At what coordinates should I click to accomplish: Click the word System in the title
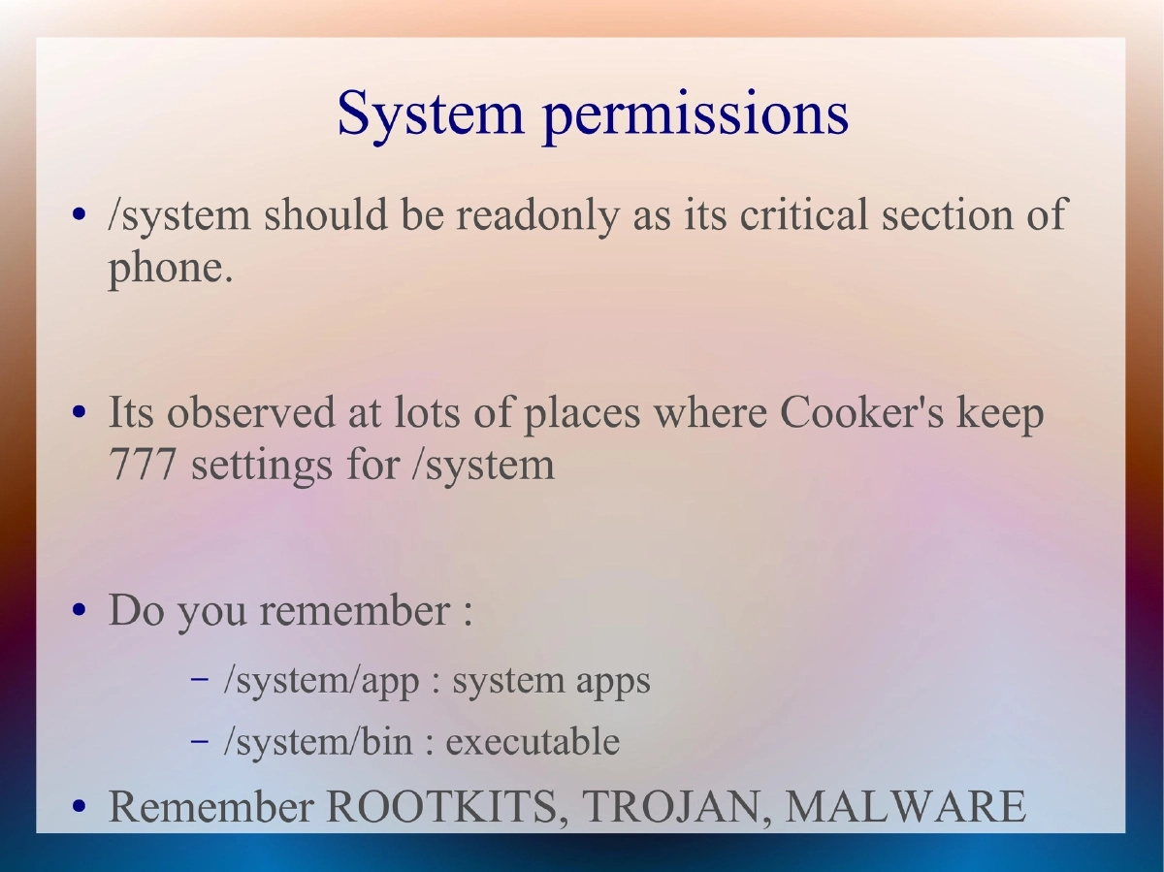click(430, 113)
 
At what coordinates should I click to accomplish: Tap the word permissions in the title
click(695, 114)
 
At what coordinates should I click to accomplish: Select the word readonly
click(536, 215)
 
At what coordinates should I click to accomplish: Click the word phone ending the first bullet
click(169, 269)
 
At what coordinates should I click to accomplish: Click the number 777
click(143, 466)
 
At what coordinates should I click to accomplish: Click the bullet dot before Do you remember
click(81, 612)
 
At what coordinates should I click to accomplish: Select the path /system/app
click(321, 681)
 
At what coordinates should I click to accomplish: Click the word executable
click(533, 742)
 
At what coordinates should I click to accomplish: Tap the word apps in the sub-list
click(613, 682)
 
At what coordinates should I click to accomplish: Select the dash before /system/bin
click(200, 741)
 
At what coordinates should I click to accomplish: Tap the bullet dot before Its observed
click(81, 414)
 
